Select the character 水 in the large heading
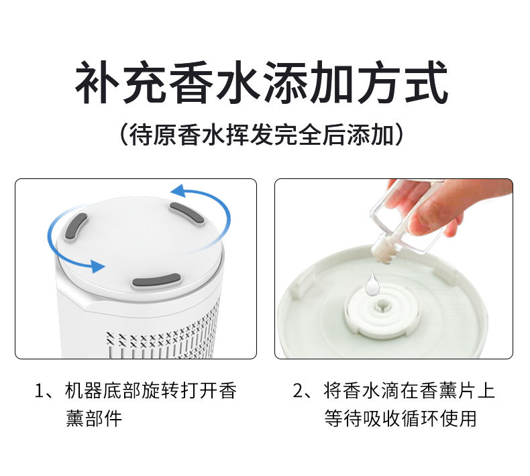point(239,82)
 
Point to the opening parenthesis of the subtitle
point(124,135)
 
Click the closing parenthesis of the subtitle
point(399,135)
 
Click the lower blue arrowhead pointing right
point(98,266)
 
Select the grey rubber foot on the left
point(76,228)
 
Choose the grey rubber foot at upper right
point(187,213)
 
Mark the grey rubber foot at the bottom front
point(156,280)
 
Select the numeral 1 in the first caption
point(39,391)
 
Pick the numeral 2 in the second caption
point(297,391)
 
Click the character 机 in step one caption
point(74,391)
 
